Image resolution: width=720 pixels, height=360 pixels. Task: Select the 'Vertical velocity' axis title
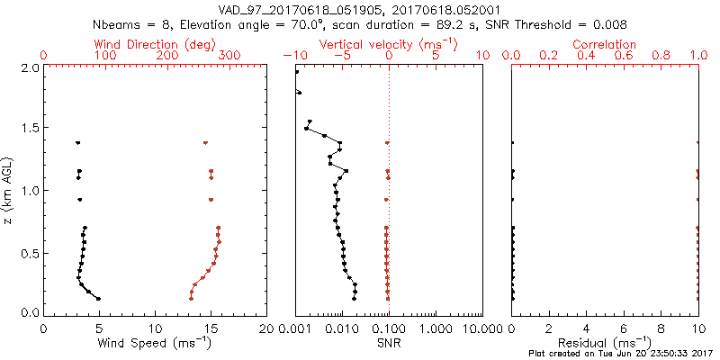tap(389, 44)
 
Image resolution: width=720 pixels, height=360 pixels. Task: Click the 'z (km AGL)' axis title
tap(8, 190)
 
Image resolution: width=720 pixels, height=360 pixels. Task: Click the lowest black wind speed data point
tap(98, 299)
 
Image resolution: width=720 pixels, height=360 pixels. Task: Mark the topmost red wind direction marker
tap(205, 142)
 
